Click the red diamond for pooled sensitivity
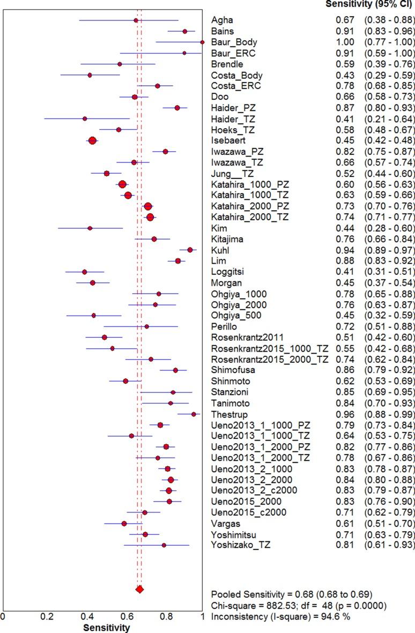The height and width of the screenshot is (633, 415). coord(139,604)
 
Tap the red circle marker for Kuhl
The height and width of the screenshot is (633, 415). coord(190,250)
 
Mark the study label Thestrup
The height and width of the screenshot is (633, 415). coord(230,414)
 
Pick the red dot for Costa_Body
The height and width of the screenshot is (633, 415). coord(90,75)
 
